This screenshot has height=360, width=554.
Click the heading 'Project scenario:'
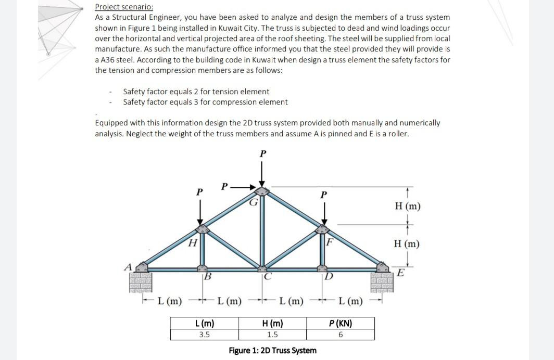point(124,7)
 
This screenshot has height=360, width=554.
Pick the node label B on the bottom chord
point(207,276)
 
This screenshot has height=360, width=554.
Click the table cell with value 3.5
point(204,335)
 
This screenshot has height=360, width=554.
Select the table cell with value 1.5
point(272,335)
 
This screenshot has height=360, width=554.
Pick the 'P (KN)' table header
point(341,324)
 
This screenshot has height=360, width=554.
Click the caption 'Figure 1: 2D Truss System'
point(272,350)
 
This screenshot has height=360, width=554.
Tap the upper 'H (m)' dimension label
point(408,207)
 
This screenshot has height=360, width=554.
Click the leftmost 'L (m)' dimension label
point(170,300)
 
